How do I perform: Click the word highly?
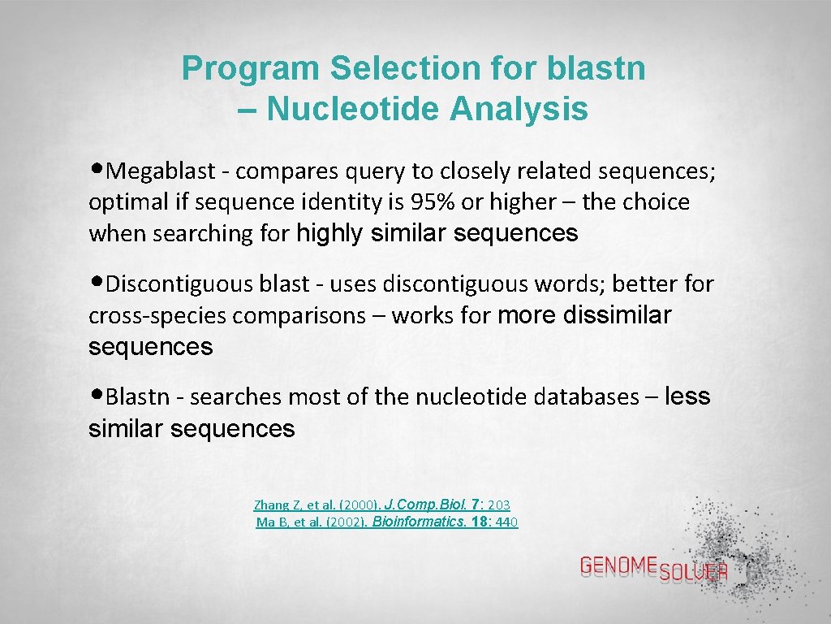(x=330, y=234)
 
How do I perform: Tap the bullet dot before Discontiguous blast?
(x=97, y=284)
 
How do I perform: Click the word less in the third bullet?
(x=687, y=396)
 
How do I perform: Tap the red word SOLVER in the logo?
(x=694, y=573)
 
